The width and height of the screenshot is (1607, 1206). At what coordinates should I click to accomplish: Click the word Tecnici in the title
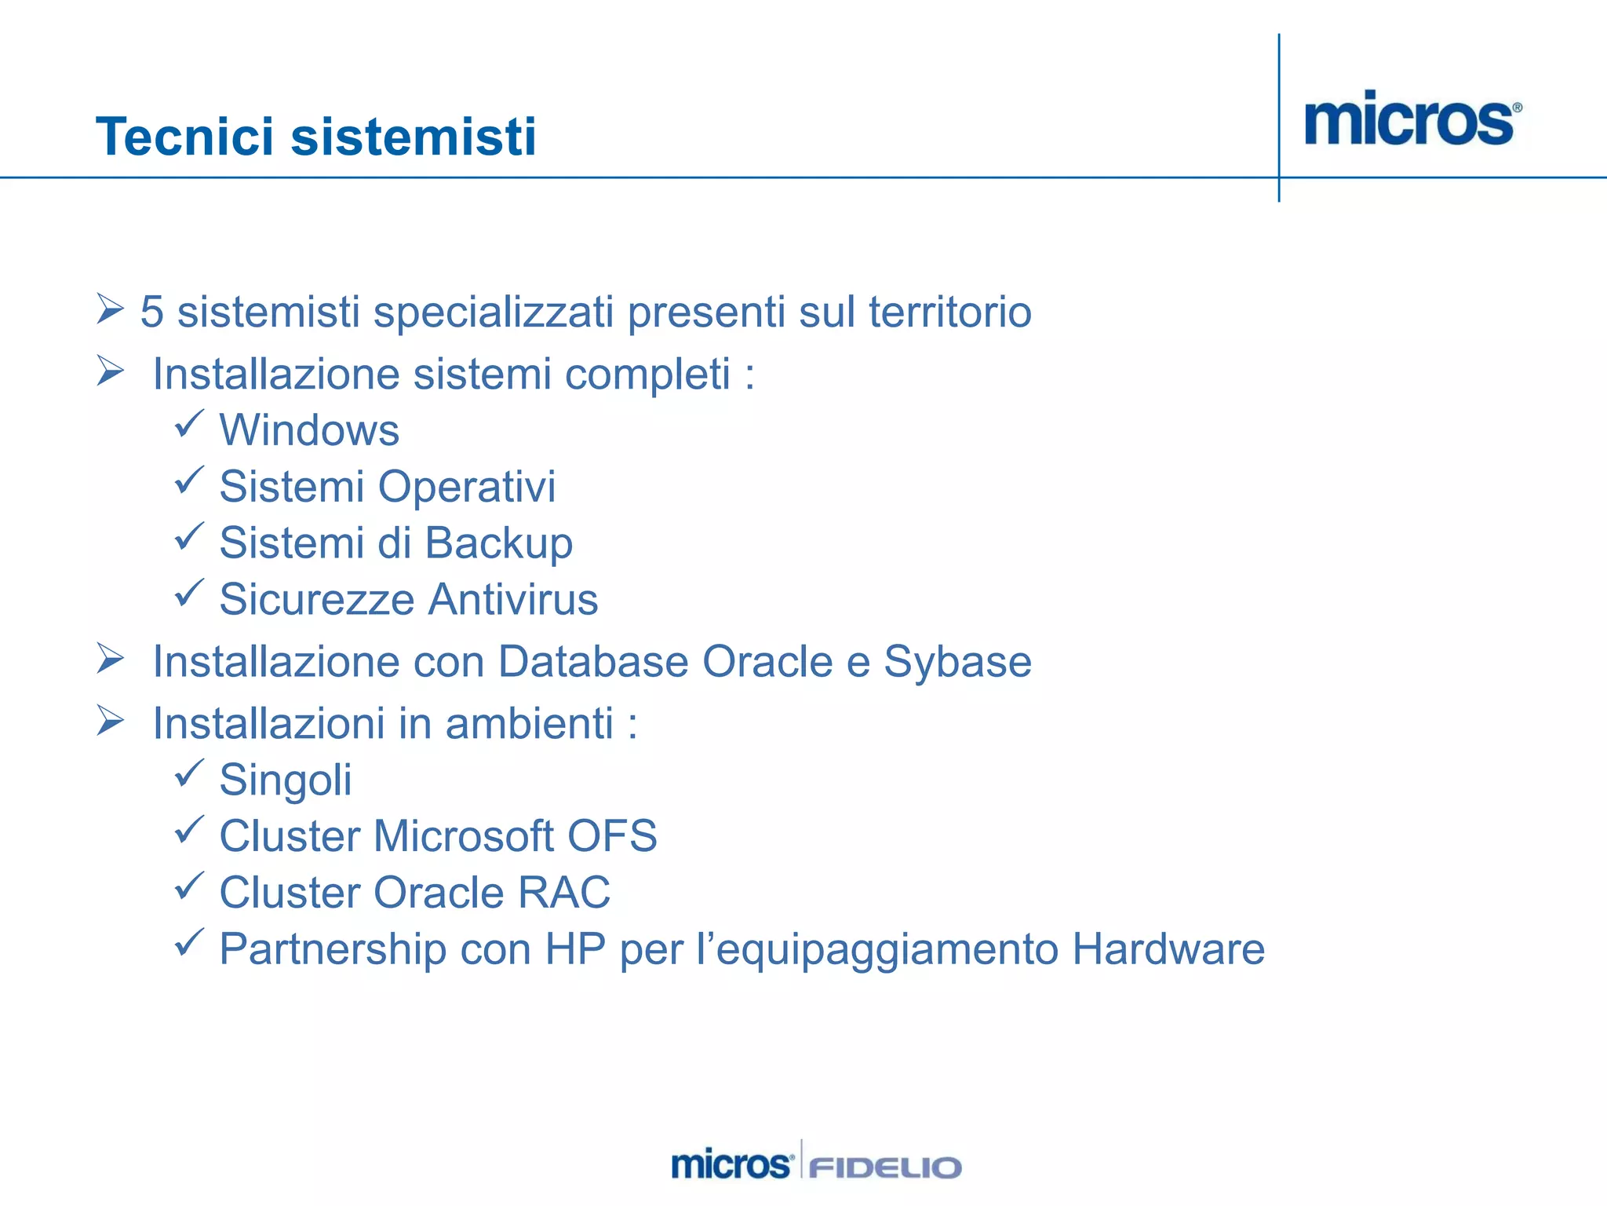pos(185,137)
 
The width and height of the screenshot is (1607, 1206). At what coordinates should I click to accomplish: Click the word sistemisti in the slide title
pos(414,137)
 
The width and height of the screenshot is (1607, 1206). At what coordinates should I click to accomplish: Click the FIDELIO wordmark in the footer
pos(884,1168)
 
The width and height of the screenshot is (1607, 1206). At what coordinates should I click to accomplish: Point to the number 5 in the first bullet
pos(151,312)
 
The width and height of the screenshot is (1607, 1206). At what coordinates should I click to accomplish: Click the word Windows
pos(309,430)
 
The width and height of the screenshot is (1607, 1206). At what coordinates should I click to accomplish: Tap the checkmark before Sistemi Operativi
pos(188,480)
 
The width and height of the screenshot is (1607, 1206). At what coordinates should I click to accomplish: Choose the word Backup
pos(499,543)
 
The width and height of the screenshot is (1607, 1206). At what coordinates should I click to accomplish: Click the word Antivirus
pos(513,600)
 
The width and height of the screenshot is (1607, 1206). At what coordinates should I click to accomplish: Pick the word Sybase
pos(957,661)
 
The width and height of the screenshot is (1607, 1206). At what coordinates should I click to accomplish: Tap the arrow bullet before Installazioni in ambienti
pos(111,720)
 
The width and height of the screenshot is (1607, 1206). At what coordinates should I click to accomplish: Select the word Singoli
pos(286,780)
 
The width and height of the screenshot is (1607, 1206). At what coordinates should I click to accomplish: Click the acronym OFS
pos(612,836)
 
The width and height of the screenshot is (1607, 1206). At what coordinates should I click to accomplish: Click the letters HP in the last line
pos(575,949)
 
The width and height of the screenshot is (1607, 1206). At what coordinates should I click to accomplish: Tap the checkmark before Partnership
pos(188,942)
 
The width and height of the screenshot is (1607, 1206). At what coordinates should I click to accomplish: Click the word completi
pos(647,374)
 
